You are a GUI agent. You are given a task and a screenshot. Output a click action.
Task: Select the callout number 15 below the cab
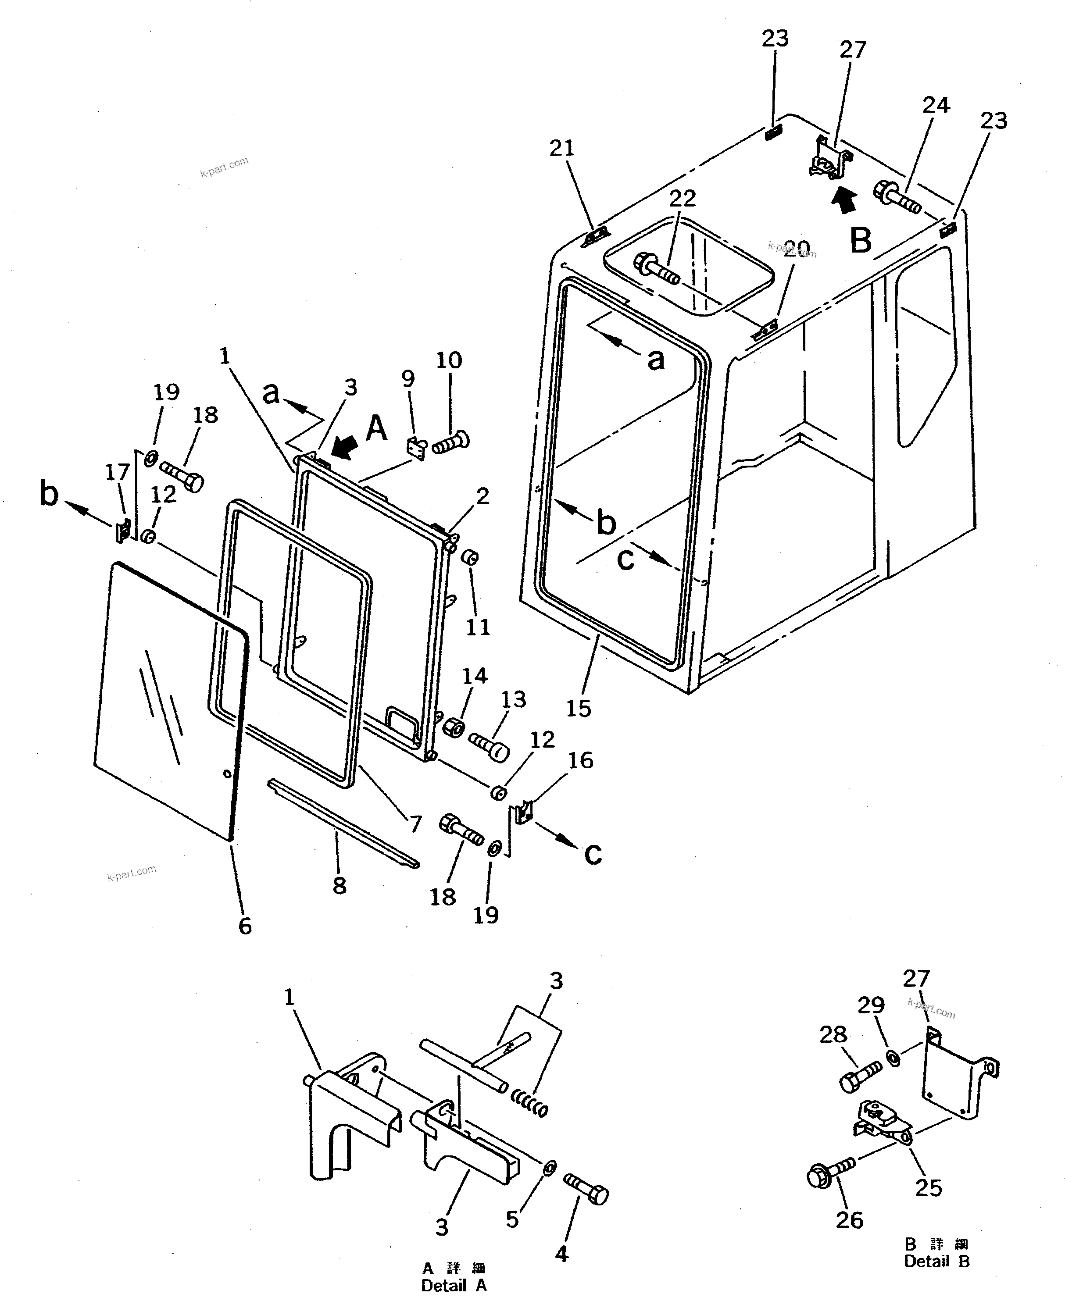[578, 708]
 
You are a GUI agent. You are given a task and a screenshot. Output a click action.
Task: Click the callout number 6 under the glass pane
[245, 926]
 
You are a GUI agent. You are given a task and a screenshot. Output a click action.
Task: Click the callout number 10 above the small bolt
[448, 360]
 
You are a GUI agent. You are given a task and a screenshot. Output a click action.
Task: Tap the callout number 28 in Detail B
[833, 1035]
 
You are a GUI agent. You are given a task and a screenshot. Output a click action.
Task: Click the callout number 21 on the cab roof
[561, 148]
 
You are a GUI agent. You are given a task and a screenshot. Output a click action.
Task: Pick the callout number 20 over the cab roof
[796, 248]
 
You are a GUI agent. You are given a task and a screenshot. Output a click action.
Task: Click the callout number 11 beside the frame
[478, 627]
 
